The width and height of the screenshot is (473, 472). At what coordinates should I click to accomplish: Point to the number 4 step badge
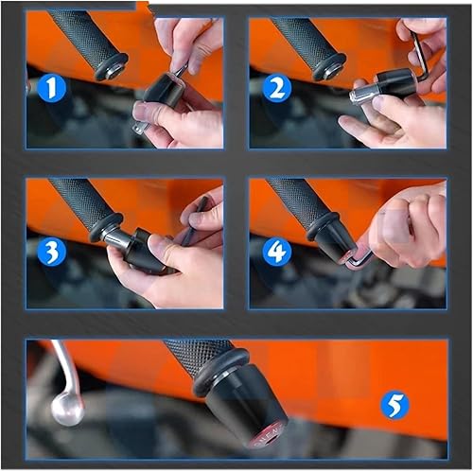coord(277,252)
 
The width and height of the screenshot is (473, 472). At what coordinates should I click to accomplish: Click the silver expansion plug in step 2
coord(364,93)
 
